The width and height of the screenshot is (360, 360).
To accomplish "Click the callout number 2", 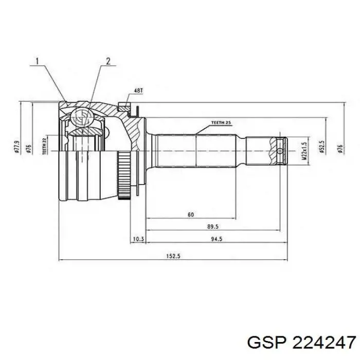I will click(x=108, y=62).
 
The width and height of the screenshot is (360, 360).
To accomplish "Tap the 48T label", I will click(x=138, y=91).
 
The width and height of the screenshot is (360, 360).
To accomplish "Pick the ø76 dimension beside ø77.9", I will click(x=29, y=148).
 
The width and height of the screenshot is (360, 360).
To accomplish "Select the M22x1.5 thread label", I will click(x=304, y=152).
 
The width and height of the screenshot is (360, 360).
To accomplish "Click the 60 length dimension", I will click(x=191, y=214).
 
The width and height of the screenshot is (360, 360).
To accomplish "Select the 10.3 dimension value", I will click(x=137, y=238).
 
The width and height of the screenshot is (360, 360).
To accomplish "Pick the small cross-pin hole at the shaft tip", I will click(x=279, y=151).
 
